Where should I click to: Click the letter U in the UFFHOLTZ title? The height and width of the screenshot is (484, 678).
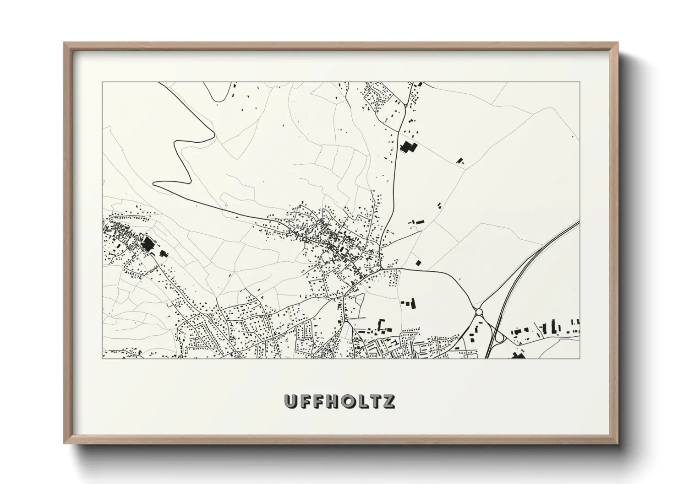291,401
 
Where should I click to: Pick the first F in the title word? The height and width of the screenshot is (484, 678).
305,401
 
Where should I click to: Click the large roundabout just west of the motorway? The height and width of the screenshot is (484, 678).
479,312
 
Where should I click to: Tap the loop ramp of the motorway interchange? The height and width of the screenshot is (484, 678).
499,338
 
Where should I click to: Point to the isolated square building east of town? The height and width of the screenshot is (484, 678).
418,263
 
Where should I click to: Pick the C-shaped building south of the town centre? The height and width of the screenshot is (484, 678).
381,324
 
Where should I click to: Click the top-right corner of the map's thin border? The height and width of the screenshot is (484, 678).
580,82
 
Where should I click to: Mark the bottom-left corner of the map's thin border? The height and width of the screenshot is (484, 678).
102,359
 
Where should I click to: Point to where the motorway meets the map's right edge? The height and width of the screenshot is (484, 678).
580,222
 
